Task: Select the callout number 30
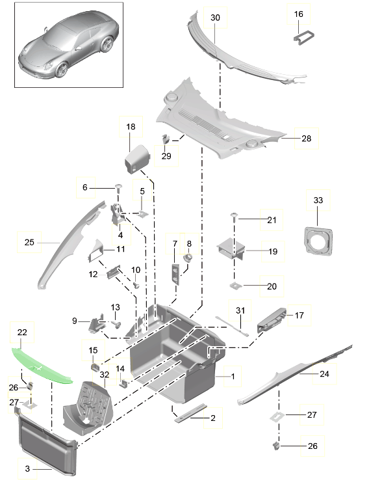[x=215, y=18]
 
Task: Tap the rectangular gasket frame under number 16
[x=303, y=38]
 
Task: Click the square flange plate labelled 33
[x=318, y=241]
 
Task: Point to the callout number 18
[x=131, y=126]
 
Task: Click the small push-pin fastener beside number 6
[x=119, y=187]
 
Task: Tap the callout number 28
[x=306, y=138]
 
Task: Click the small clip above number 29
[x=166, y=139]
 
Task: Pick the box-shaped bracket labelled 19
[x=231, y=249]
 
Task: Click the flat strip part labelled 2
[x=191, y=413]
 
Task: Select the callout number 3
[x=27, y=469]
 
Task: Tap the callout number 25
[x=29, y=242]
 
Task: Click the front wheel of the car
[x=61, y=70]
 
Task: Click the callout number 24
[x=324, y=374]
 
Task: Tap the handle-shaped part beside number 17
[x=272, y=319]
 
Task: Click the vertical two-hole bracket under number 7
[x=175, y=273]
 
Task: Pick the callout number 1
[x=233, y=376]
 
